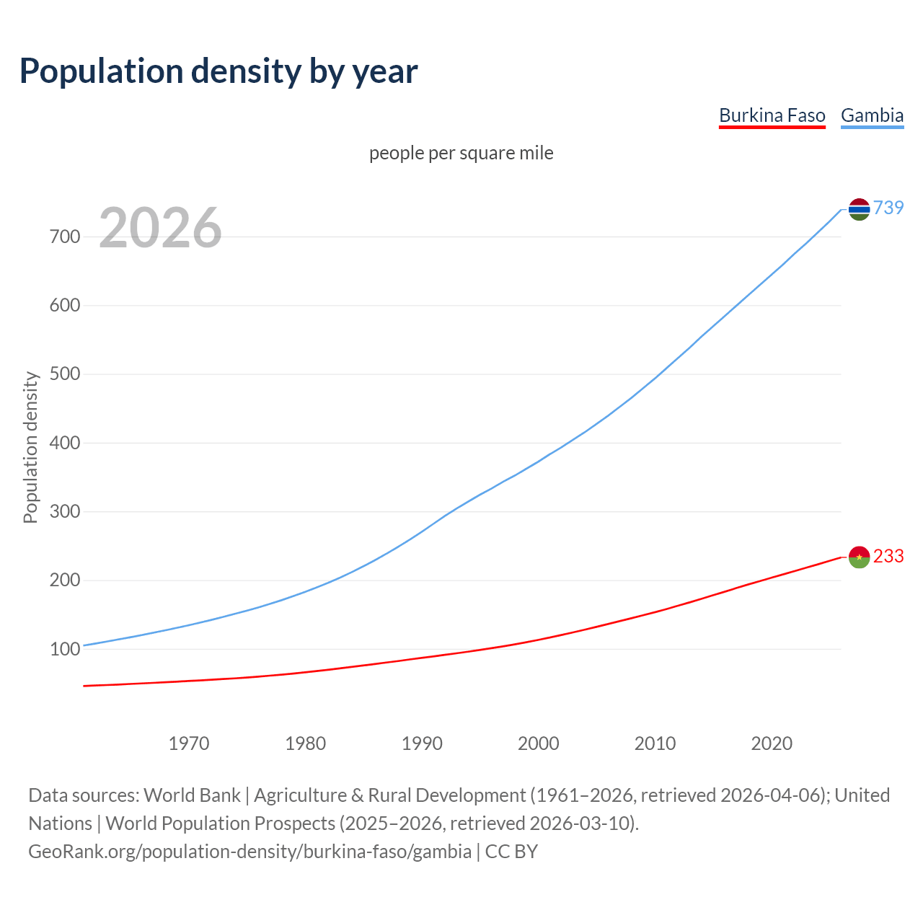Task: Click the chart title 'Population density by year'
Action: tap(218, 71)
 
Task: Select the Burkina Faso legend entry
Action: tap(772, 115)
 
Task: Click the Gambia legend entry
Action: tap(872, 115)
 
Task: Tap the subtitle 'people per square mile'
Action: tap(461, 153)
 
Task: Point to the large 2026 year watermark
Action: tap(160, 228)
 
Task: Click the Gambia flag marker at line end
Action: tap(859, 209)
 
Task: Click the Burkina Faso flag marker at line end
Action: tap(859, 557)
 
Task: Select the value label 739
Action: tap(888, 208)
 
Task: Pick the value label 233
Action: tap(888, 556)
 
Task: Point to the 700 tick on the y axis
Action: tap(65, 237)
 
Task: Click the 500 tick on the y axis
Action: tap(65, 374)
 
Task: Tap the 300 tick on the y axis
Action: tap(65, 511)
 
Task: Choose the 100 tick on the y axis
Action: tap(65, 649)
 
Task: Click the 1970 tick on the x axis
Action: tap(189, 743)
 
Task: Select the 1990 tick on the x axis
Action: tap(422, 743)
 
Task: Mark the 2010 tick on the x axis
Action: tap(655, 743)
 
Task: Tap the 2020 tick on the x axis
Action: tap(772, 743)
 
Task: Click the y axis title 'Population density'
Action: tap(30, 447)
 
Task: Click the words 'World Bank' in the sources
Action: tap(192, 795)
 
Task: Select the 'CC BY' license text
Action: tap(511, 852)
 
